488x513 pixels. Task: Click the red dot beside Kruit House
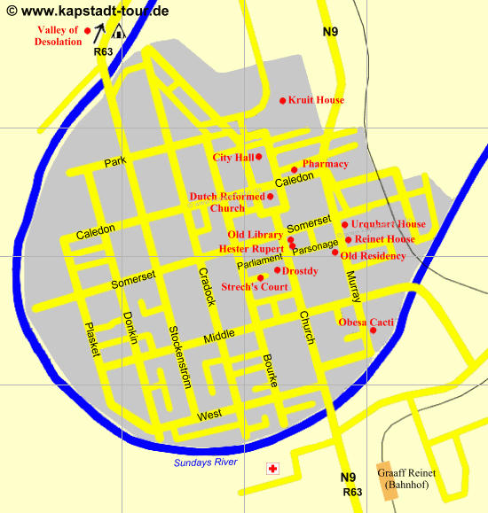(283, 100)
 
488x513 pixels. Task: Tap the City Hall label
(233, 158)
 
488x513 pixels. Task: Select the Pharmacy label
(325, 164)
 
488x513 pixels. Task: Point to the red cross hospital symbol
(273, 469)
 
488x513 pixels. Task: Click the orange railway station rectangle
(387, 480)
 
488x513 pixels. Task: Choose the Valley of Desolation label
(58, 35)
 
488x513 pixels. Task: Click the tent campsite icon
(118, 31)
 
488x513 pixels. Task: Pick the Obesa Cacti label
(366, 323)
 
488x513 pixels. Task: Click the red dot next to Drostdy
(277, 269)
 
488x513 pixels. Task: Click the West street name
(209, 416)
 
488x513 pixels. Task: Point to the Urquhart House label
(388, 224)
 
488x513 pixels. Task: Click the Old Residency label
(373, 256)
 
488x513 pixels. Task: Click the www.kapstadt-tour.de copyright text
(87, 11)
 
